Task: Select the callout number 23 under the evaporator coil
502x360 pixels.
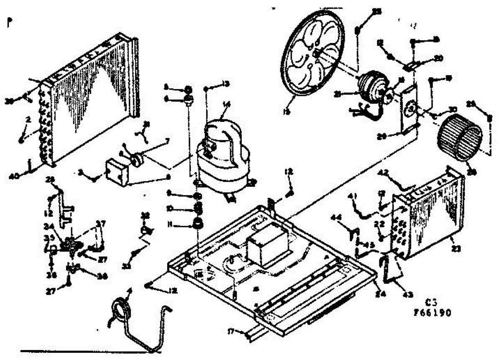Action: coord(456,248)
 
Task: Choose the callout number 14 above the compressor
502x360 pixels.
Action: coord(227,106)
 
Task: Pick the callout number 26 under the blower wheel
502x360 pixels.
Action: coord(473,171)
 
